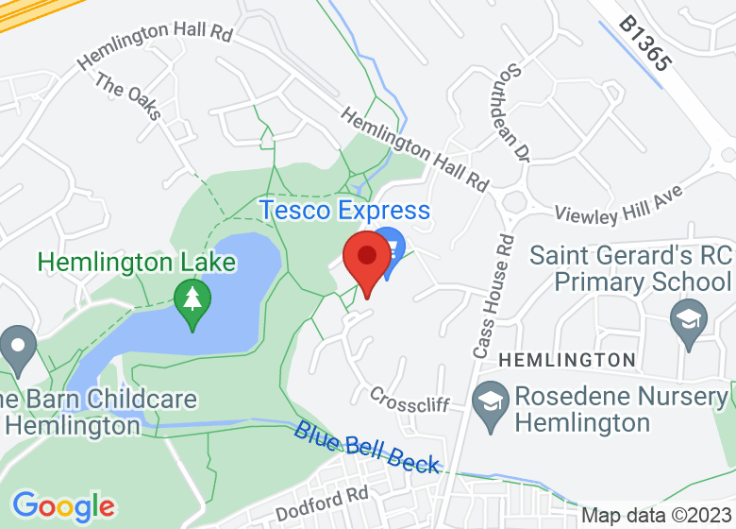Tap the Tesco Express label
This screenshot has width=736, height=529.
(345, 210)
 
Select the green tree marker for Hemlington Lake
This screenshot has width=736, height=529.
(193, 301)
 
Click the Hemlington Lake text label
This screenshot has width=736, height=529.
(118, 262)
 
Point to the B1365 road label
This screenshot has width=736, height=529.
(645, 43)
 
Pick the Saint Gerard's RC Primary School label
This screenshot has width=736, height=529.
(630, 268)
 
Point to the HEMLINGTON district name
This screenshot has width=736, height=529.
(566, 360)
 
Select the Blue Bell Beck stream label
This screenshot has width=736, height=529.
(366, 447)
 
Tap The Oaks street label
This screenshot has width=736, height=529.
(128, 98)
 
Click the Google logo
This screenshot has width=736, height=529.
(63, 506)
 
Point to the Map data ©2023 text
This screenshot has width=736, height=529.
(655, 516)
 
